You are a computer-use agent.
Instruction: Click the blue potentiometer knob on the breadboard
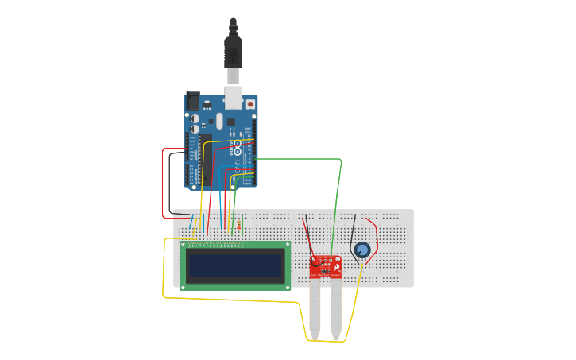tap(362, 250)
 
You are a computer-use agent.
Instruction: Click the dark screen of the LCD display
tap(235, 265)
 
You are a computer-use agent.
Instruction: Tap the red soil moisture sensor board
tap(325, 265)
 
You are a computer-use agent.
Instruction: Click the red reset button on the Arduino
tap(250, 103)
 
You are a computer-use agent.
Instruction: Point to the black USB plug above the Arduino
tap(232, 52)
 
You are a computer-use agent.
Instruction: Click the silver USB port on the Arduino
tap(234, 97)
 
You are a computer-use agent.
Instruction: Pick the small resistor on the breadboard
tap(239, 226)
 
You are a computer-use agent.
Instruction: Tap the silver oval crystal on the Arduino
tap(219, 120)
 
